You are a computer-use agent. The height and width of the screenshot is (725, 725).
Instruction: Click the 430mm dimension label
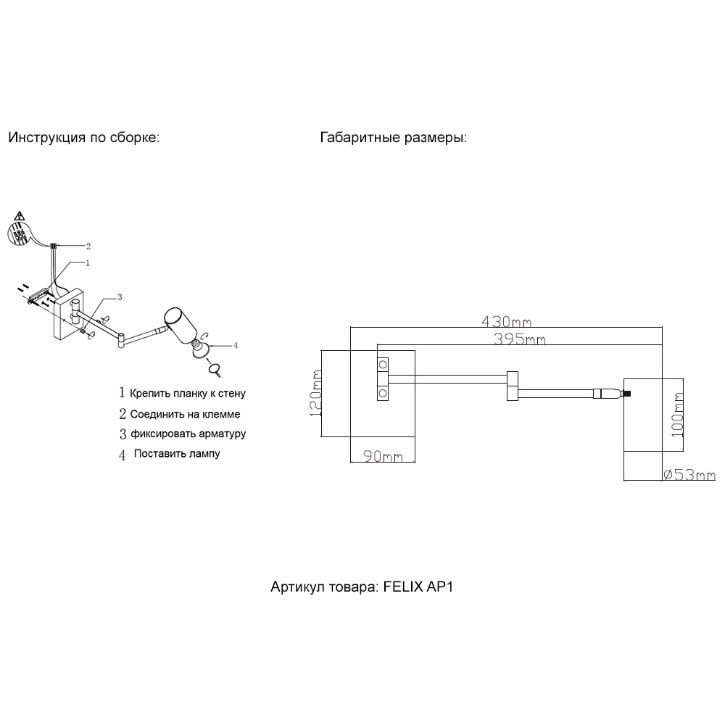(x=506, y=320)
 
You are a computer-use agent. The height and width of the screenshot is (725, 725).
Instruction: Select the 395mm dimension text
(x=519, y=339)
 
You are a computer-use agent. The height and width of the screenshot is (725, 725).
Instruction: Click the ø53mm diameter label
(x=689, y=475)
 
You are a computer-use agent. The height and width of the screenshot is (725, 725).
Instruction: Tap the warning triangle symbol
(x=20, y=216)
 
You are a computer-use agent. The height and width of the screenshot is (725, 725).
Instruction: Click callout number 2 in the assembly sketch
(x=88, y=245)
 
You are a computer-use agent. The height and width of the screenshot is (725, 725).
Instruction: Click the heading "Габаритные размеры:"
(x=393, y=138)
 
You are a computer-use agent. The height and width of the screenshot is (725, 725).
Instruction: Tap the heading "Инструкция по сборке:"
(x=83, y=138)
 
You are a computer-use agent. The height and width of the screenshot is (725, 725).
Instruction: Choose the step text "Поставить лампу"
(x=177, y=454)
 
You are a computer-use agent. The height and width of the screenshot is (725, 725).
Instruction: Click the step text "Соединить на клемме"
(x=185, y=415)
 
